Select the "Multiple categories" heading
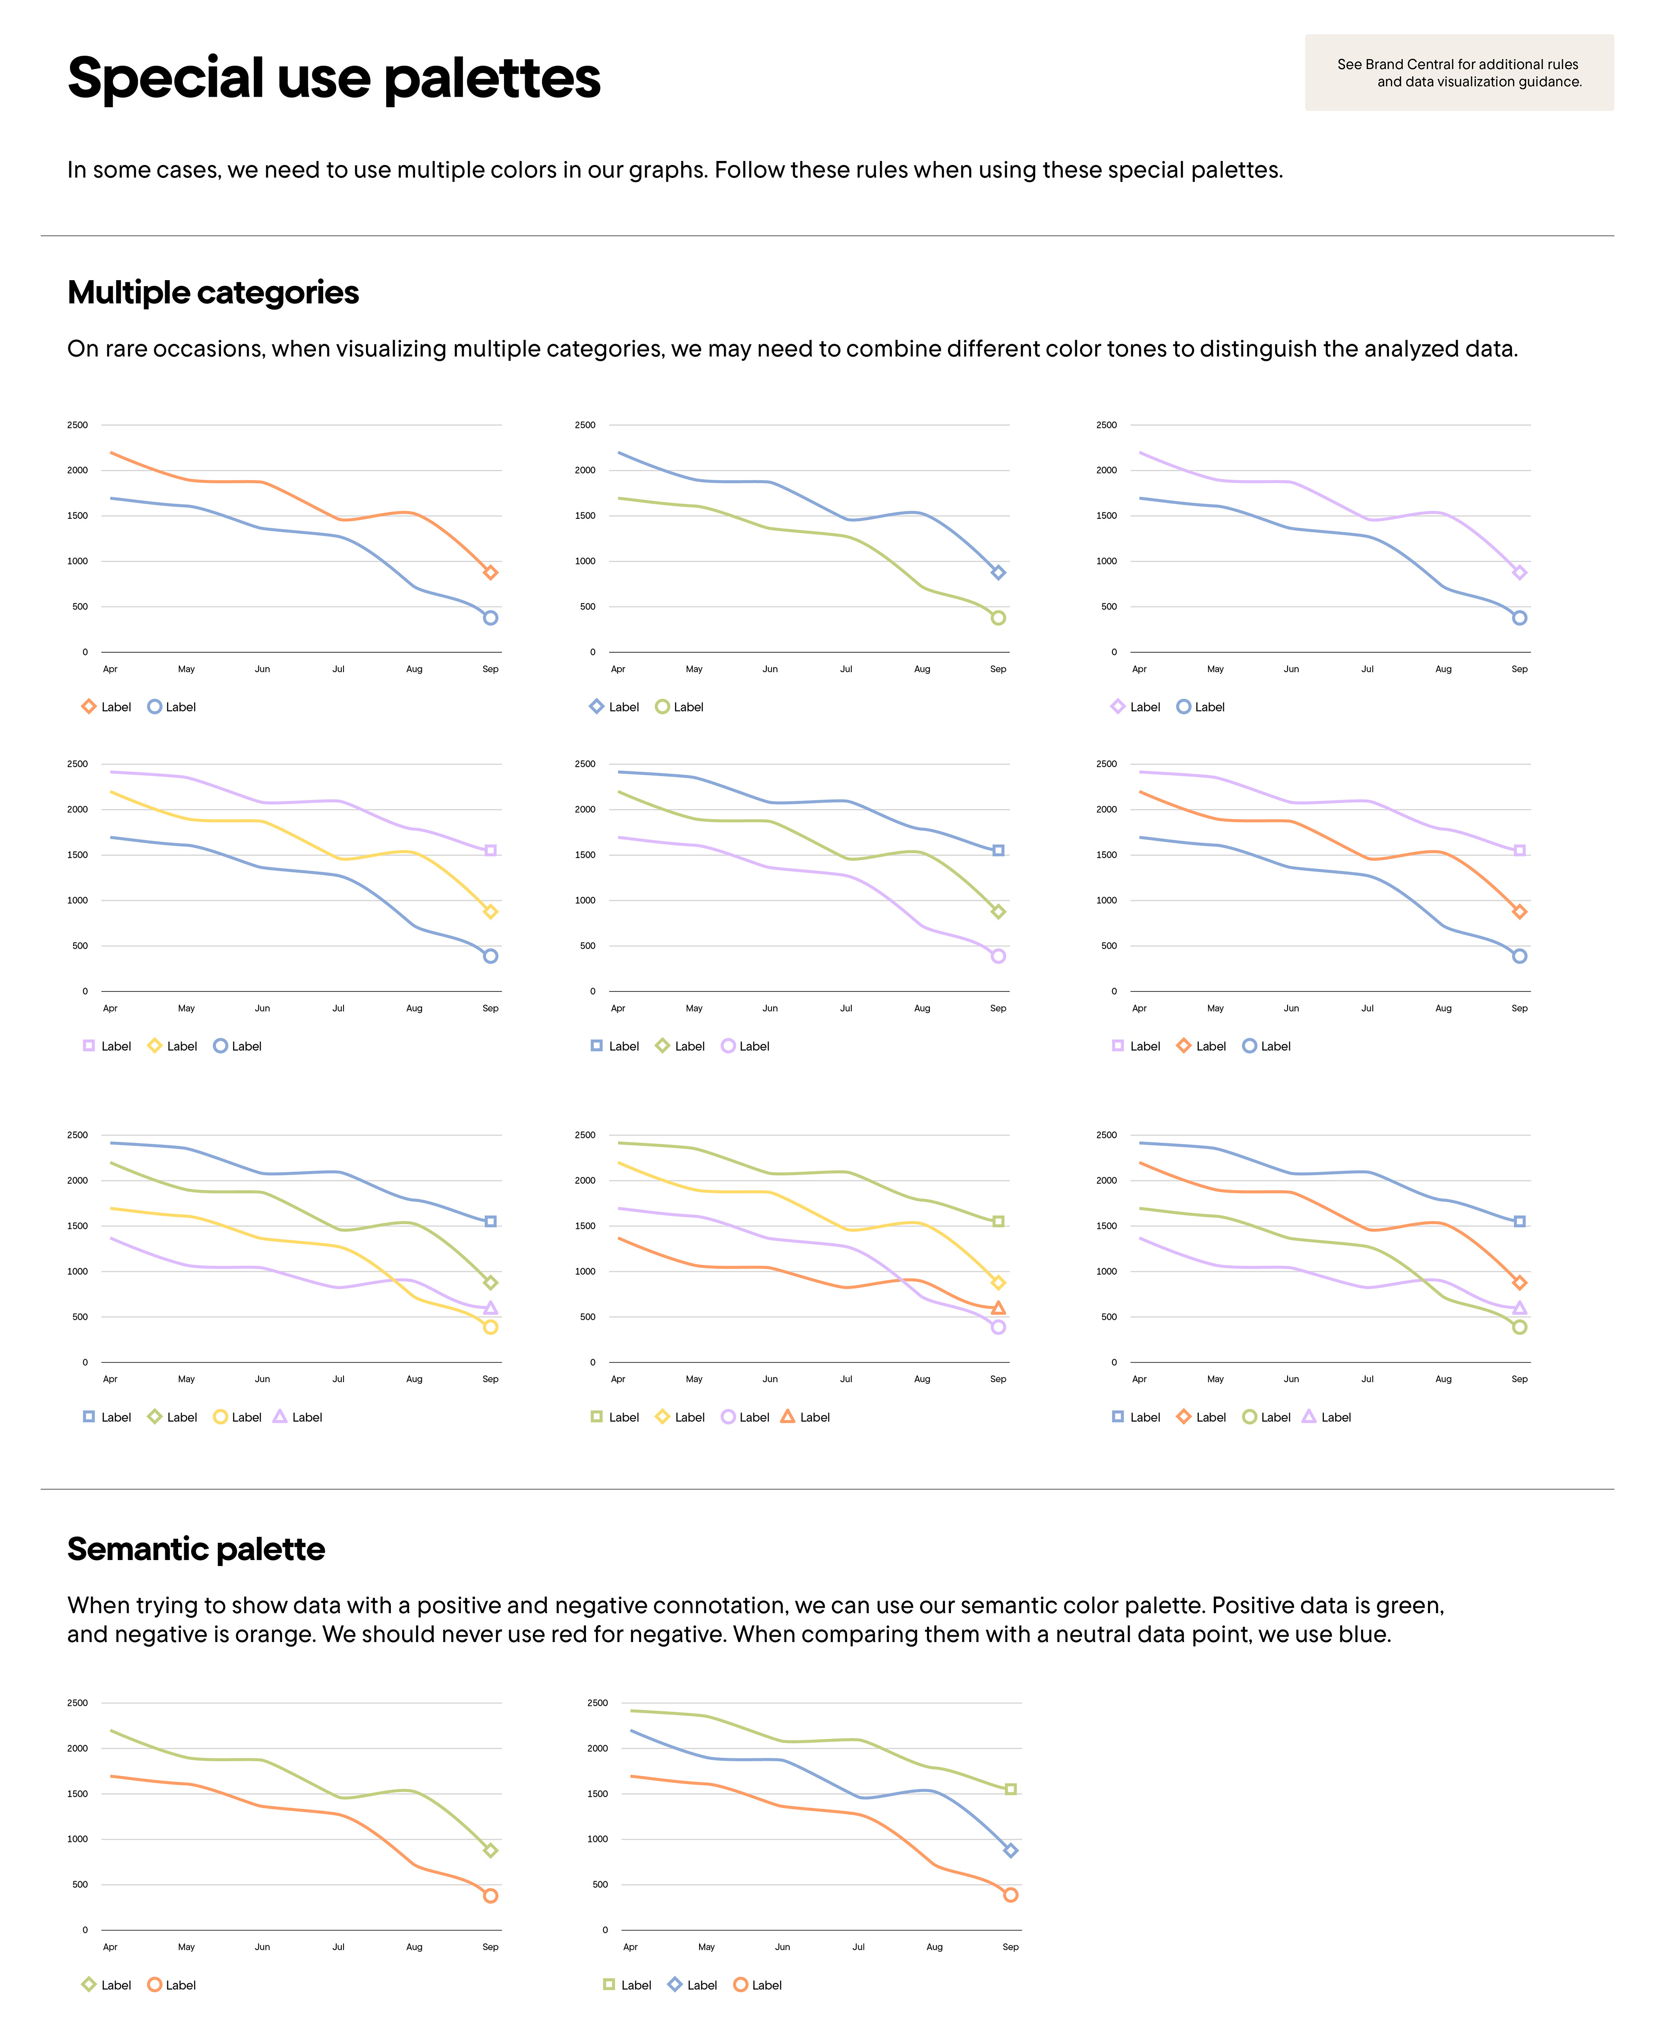coord(213,292)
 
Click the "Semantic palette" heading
coord(195,1548)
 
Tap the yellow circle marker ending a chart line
coord(491,1327)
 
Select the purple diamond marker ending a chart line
coord(1519,573)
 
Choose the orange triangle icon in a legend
coord(788,1417)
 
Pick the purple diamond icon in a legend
coord(1118,707)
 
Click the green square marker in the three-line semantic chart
coord(1011,1789)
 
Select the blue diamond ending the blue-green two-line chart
coord(999,573)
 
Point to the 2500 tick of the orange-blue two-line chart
coord(77,425)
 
